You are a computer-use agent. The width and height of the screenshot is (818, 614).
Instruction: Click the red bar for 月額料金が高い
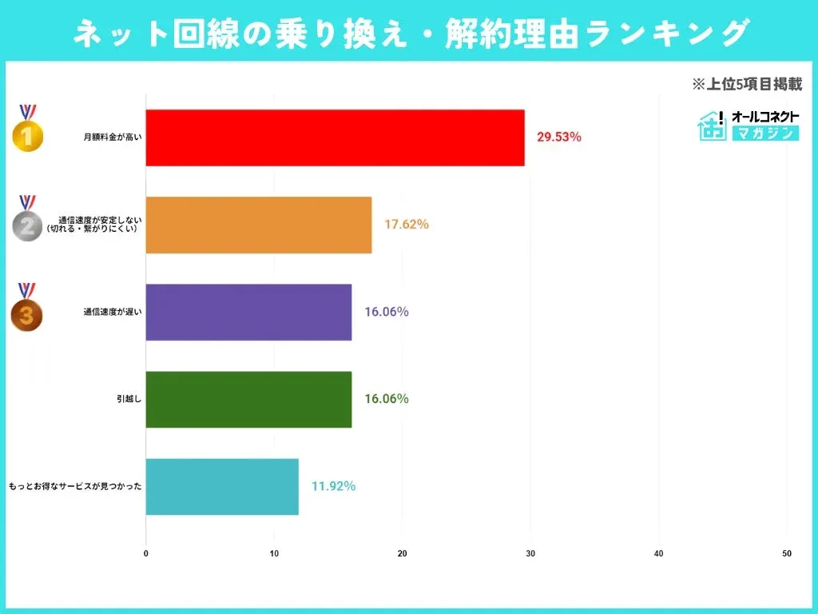(335, 138)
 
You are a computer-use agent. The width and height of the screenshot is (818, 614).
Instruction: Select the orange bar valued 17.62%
(259, 225)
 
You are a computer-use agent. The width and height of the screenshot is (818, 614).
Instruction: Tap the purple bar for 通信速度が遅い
(248, 312)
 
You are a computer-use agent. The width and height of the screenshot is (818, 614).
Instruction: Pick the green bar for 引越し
(248, 399)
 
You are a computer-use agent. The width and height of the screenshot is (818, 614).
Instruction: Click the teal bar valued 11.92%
(222, 486)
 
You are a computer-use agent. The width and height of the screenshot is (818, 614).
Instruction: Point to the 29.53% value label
(559, 138)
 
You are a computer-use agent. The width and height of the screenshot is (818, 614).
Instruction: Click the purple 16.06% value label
(387, 312)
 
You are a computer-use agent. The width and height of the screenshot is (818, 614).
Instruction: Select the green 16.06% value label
(387, 399)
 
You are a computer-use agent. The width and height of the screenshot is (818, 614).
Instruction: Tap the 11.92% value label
(333, 486)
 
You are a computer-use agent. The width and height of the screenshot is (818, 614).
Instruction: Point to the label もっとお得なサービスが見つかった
(75, 486)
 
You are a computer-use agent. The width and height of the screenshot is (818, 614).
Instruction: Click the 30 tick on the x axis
(530, 553)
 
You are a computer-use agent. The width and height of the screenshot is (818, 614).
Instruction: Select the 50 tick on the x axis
(787, 553)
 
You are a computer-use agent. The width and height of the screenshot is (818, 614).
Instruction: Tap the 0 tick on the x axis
(146, 553)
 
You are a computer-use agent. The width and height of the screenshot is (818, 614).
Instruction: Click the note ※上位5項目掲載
(746, 84)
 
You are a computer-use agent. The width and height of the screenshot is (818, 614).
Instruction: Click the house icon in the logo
(712, 126)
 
